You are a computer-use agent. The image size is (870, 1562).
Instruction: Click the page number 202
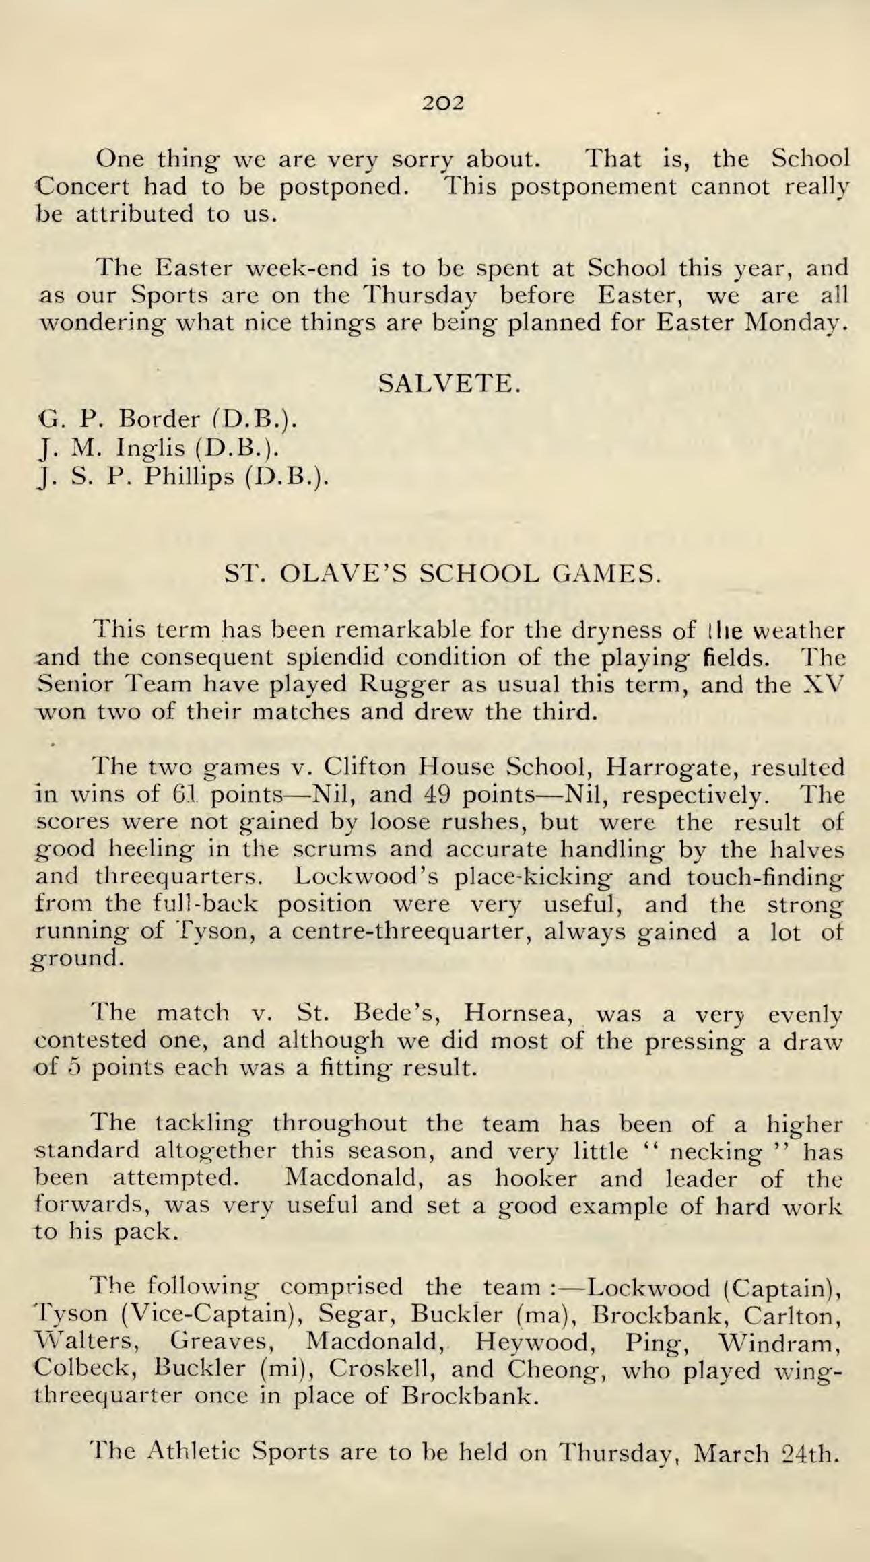click(443, 103)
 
